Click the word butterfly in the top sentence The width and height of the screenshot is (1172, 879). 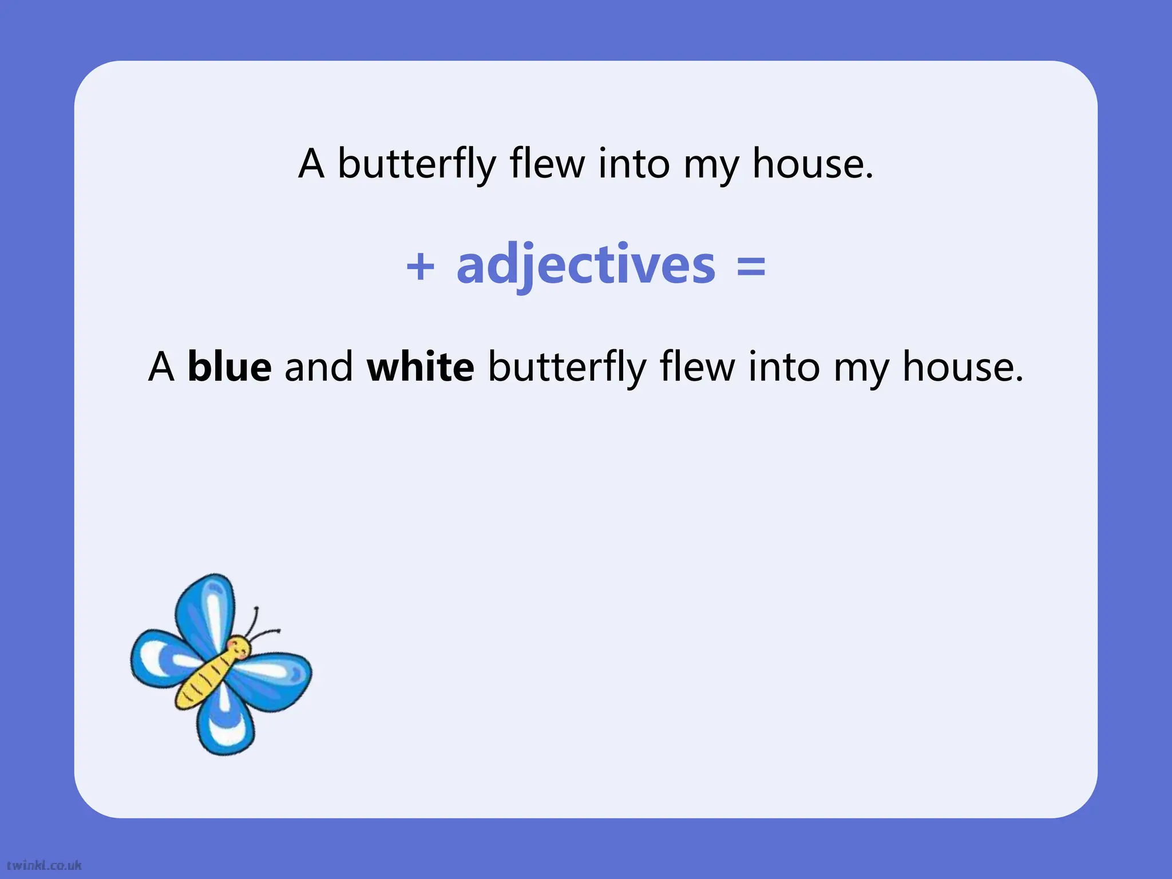[417, 164]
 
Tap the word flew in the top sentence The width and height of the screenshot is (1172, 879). [547, 164]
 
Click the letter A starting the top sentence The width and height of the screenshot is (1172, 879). [312, 164]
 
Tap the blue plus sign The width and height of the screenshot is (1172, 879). [421, 266]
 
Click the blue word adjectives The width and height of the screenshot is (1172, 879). [585, 265]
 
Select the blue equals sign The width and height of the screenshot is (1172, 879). [751, 266]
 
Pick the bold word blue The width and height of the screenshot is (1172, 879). [229, 367]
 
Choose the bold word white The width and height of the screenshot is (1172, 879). [421, 367]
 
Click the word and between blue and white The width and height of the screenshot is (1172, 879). [319, 367]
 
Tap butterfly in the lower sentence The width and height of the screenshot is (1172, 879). [567, 368]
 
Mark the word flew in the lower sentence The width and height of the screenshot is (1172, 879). [698, 367]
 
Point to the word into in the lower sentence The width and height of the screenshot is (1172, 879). [785, 367]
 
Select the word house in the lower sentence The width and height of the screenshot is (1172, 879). [963, 367]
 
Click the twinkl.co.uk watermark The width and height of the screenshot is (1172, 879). [44, 865]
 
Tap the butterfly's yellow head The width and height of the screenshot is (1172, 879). [239, 648]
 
